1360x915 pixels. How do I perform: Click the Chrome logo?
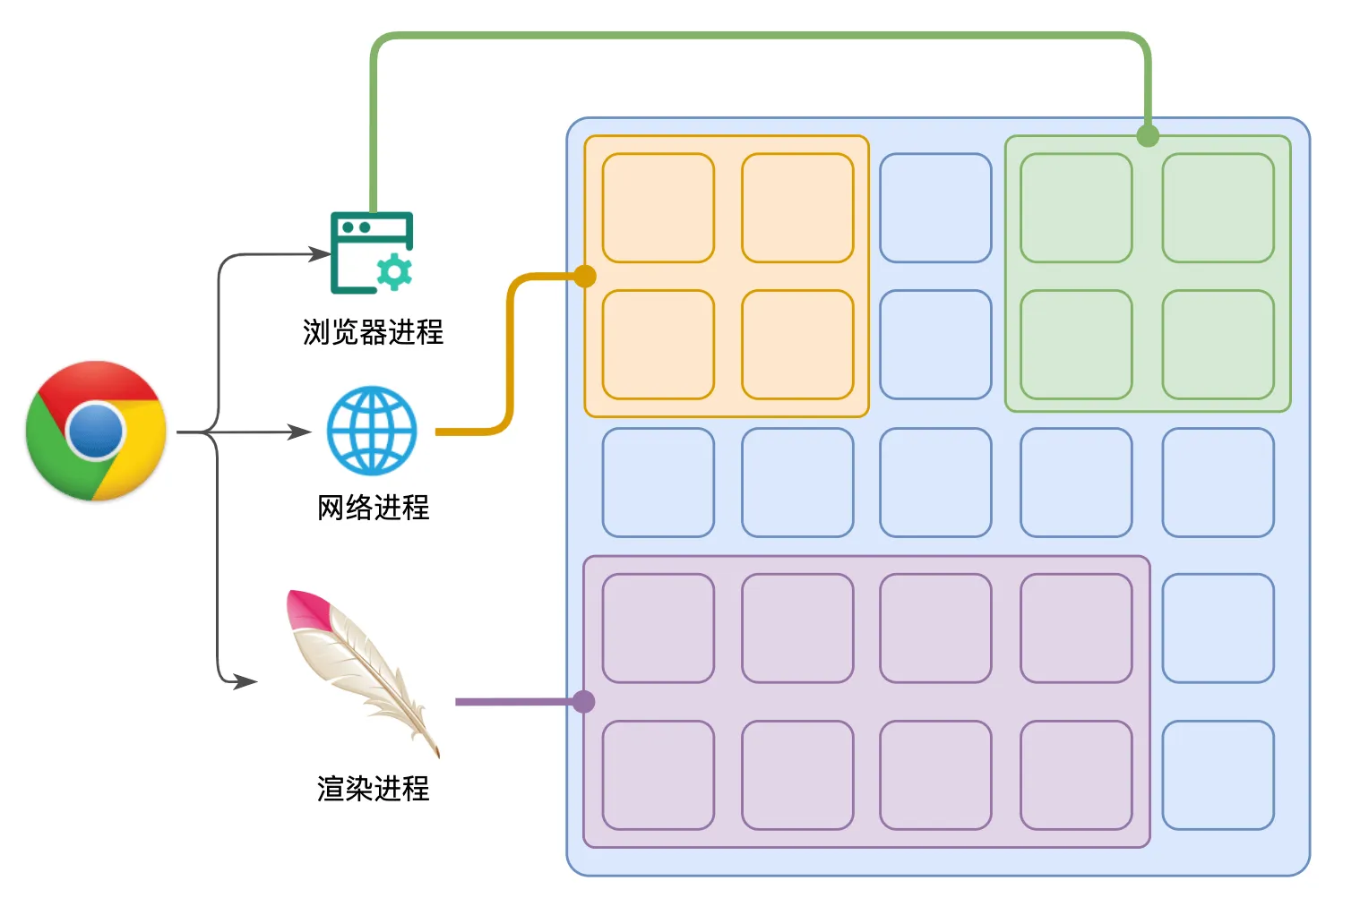click(x=96, y=431)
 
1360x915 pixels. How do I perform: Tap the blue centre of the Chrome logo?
click(x=95, y=431)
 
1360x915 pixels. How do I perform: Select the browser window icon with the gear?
click(x=371, y=253)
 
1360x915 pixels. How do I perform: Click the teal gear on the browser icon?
click(x=393, y=271)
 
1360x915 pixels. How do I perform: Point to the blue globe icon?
click(x=372, y=431)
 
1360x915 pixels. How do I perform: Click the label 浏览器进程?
click(x=373, y=332)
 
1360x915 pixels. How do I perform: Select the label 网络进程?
click(x=373, y=508)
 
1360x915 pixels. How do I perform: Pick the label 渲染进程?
click(x=373, y=789)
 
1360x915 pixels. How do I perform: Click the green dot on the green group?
click(x=1148, y=136)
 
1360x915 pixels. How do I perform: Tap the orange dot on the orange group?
click(x=585, y=276)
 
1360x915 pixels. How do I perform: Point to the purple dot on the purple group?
click(x=583, y=701)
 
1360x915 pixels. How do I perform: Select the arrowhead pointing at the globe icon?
click(x=300, y=432)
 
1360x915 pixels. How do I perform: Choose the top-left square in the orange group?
click(x=658, y=208)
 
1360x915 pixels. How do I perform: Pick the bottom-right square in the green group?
click(x=1218, y=345)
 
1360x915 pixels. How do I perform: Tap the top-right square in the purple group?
click(x=1076, y=629)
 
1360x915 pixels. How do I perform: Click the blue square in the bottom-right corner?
click(x=1218, y=775)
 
